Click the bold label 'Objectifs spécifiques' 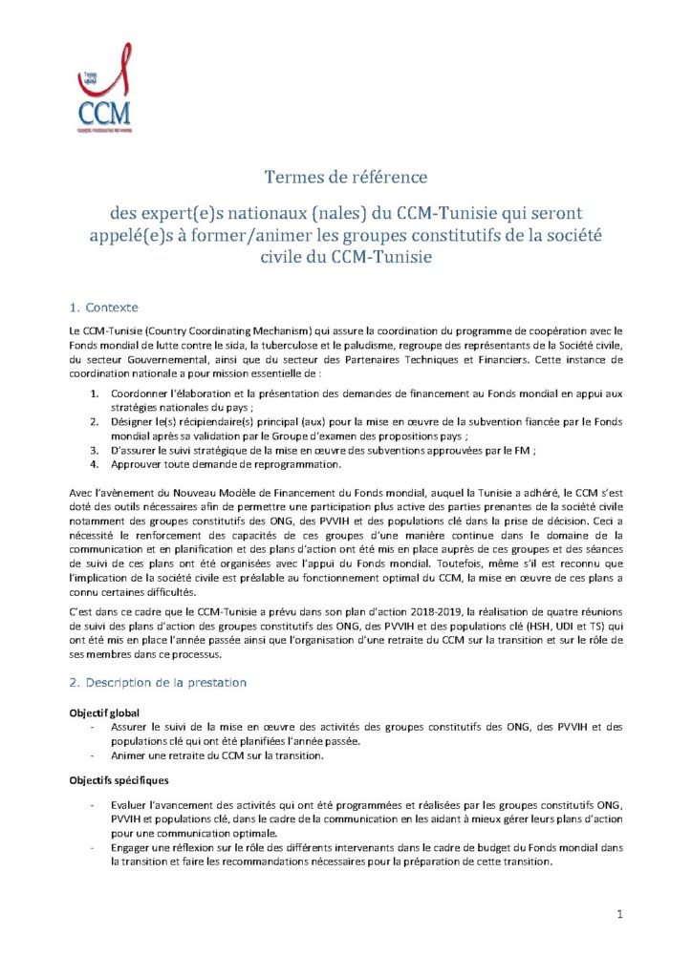tap(114, 780)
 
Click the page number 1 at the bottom tap(620, 914)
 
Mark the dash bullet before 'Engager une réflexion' tap(92, 848)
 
